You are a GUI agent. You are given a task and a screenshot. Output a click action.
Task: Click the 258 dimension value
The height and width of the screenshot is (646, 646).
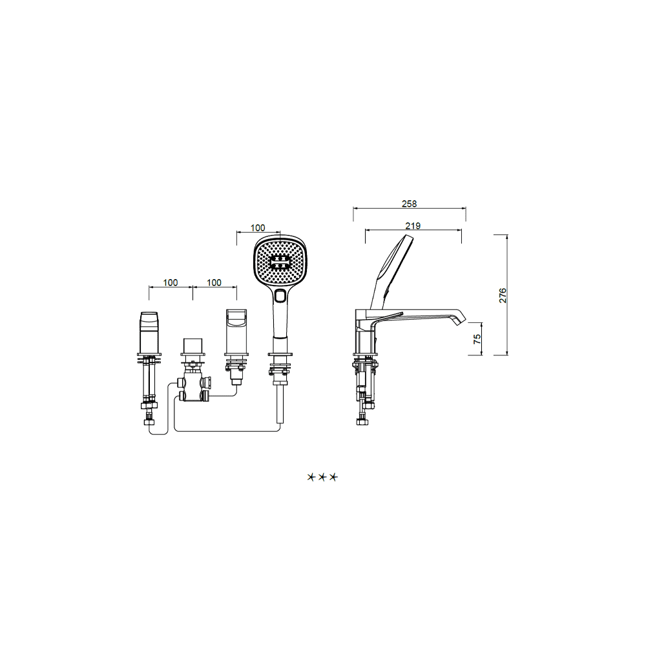pyautogui.click(x=409, y=203)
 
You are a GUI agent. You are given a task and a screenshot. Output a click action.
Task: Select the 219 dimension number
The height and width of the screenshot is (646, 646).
pyautogui.click(x=413, y=225)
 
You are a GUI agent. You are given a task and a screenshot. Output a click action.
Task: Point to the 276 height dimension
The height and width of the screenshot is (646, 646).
pyautogui.click(x=503, y=295)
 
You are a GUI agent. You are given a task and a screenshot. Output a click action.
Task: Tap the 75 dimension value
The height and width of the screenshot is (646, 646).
pyautogui.click(x=477, y=339)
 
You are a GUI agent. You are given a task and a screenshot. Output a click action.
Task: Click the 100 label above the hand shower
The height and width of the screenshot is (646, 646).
pyautogui.click(x=258, y=228)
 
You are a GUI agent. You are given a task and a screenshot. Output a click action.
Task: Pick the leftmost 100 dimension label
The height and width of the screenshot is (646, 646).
pyautogui.click(x=171, y=283)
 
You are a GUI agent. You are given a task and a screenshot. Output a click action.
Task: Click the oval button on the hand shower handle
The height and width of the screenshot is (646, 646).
pyautogui.click(x=280, y=296)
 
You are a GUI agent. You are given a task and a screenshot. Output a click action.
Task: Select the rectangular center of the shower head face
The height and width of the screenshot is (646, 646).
pyautogui.click(x=280, y=262)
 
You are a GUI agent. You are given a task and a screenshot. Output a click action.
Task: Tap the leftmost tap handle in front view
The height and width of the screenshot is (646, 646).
pyautogui.click(x=149, y=332)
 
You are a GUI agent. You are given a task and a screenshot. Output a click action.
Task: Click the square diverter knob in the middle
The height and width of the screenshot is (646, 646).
pyautogui.click(x=193, y=346)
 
